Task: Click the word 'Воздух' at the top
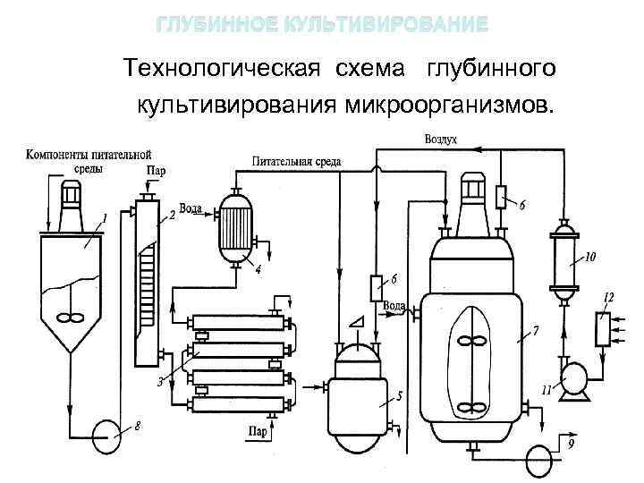click(x=441, y=140)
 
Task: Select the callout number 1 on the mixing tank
click(x=105, y=217)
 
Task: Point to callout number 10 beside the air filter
click(x=590, y=258)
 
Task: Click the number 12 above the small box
click(x=609, y=296)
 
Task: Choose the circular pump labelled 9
click(x=540, y=456)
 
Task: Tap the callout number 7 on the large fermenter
click(x=536, y=332)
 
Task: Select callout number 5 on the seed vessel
click(x=400, y=394)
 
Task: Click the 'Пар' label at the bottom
click(x=258, y=432)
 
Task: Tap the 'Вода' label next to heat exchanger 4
click(x=191, y=208)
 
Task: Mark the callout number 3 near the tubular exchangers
click(x=159, y=382)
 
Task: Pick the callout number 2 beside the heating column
click(x=172, y=216)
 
